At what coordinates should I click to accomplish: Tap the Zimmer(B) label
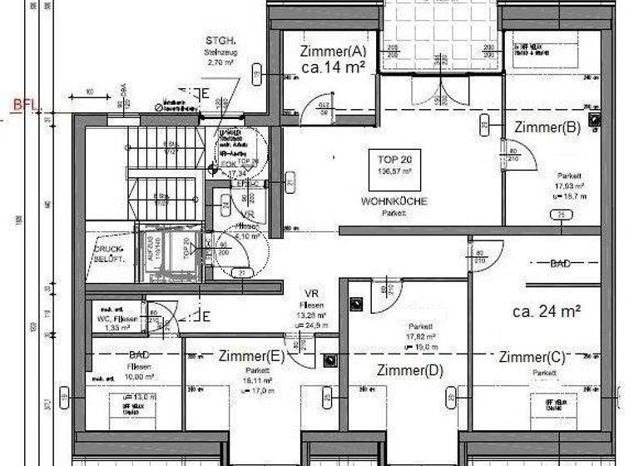[x=547, y=127]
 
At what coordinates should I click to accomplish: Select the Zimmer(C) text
[x=532, y=357]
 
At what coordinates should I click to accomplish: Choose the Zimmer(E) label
[x=251, y=356]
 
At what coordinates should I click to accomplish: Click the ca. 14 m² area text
[x=334, y=68]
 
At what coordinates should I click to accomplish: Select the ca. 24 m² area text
[x=546, y=312]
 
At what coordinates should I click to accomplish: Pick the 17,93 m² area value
[x=572, y=186]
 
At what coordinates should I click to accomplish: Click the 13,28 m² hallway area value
[x=312, y=315]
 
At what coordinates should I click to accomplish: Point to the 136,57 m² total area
[x=394, y=171]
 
